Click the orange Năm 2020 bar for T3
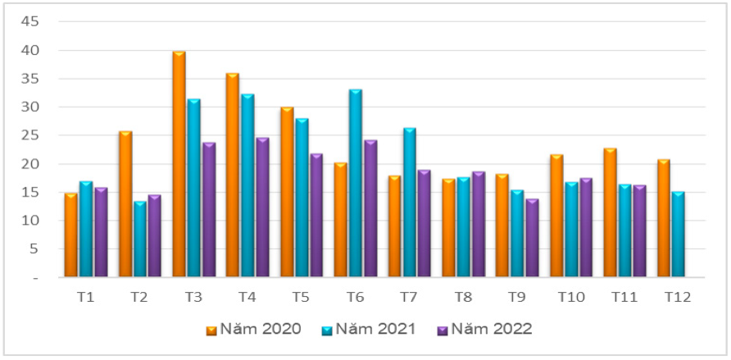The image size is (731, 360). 179,164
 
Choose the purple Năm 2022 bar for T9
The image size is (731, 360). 532,238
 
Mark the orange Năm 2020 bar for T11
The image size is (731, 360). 610,212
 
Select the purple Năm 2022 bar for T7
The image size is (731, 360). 425,224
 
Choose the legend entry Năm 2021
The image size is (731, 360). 369,329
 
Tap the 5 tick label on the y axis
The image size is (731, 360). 34,249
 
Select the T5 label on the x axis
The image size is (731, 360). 300,297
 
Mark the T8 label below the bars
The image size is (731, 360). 463,297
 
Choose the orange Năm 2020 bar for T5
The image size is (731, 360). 287,192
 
